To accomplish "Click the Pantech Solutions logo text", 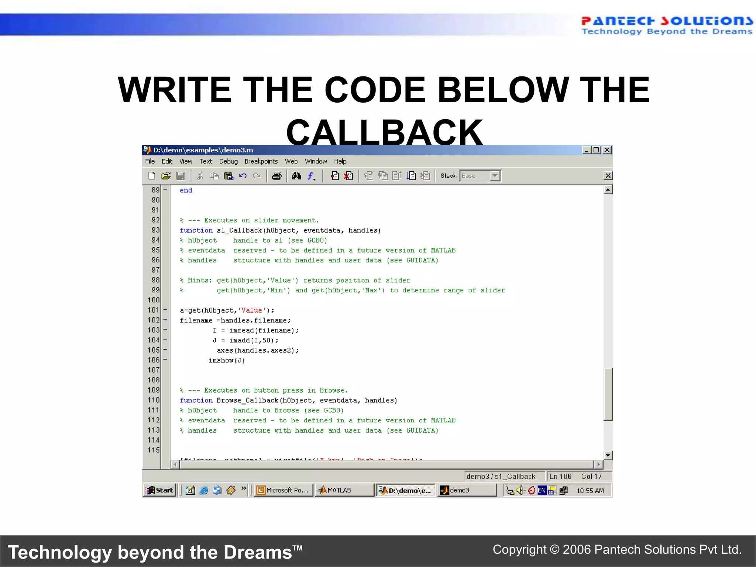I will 666,21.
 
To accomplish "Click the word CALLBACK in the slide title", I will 384,132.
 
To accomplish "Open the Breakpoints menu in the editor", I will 261,161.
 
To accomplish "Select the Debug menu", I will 228,161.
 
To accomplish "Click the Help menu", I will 340,161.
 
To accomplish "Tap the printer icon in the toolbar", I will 276,176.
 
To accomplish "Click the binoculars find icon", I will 296,176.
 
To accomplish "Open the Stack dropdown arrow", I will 495,176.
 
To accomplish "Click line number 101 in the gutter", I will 154,310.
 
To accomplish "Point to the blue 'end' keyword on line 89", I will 186,190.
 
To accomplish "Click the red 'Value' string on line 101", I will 251,310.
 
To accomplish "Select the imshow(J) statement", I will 227,360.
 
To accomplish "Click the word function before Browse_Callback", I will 196,401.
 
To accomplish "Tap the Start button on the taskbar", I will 159,490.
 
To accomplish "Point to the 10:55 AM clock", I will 590,491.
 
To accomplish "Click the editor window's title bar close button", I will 607,150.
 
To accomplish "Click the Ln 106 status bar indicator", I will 560,477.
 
